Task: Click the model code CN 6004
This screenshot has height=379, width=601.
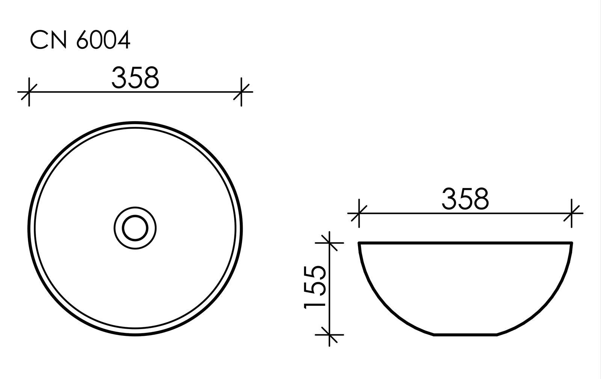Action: point(80,40)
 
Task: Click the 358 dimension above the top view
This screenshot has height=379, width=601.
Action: point(135,78)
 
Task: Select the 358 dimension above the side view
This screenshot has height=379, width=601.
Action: point(465,199)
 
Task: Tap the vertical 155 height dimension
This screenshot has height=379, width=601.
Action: point(314,287)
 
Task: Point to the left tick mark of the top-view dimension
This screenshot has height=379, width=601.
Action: point(29,92)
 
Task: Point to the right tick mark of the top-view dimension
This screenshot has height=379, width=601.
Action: point(241,92)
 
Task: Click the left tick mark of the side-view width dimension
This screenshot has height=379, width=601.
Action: point(359,214)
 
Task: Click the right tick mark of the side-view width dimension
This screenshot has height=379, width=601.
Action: point(571,214)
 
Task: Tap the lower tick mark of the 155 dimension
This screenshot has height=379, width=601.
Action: point(329,334)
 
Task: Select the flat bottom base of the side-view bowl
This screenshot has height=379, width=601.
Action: point(466,334)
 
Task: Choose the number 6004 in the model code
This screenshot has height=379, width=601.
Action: point(103,40)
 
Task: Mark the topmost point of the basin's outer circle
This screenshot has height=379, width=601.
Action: point(135,122)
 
